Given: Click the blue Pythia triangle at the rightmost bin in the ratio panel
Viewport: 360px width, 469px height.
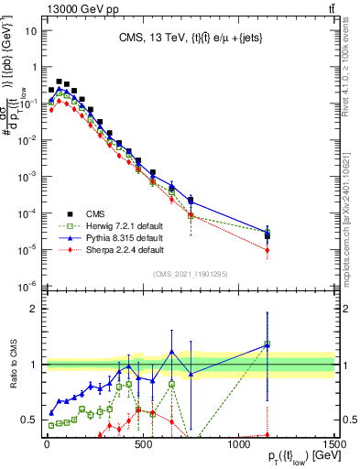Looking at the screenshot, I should click(x=267, y=344).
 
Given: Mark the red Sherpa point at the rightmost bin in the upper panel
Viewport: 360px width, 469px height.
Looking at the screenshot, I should click(x=267, y=249).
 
